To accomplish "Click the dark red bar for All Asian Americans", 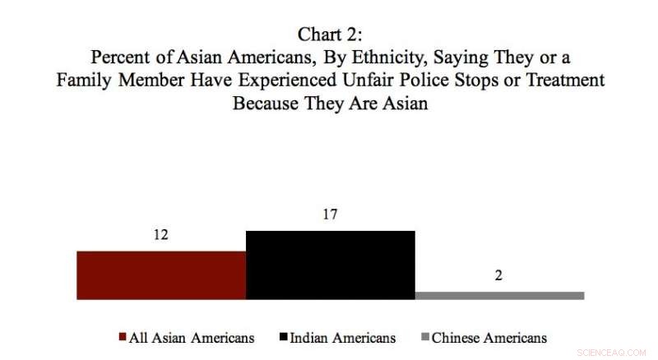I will (161, 275).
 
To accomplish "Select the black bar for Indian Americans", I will (331, 265).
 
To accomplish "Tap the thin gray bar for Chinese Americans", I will (500, 295).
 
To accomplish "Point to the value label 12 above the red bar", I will (160, 235).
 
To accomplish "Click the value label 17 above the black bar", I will (331, 215).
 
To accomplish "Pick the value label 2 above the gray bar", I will (498, 275).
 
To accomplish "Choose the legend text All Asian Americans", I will (192, 338).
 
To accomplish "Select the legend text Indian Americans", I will (345, 338).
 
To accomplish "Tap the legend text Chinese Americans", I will (489, 338).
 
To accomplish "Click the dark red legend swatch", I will (123, 338).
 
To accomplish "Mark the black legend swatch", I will (285, 338).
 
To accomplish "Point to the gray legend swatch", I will (425, 338).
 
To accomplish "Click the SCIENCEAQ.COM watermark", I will (613, 351).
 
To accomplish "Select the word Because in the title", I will (262, 104).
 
